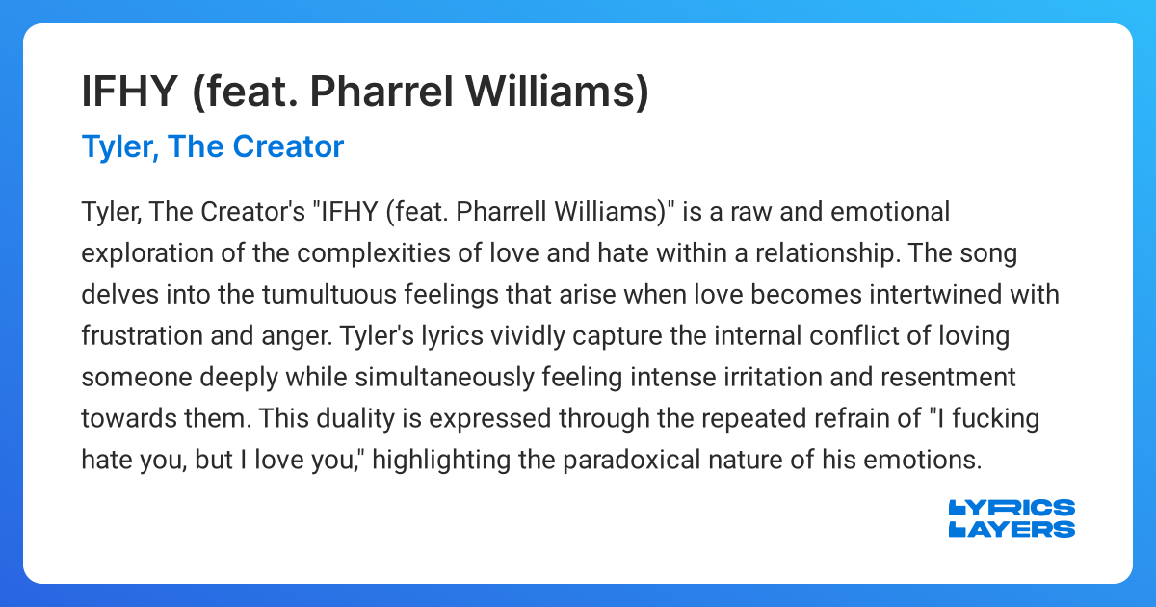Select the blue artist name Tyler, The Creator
click(213, 146)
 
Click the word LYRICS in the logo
click(1011, 509)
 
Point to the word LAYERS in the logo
click(1011, 529)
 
